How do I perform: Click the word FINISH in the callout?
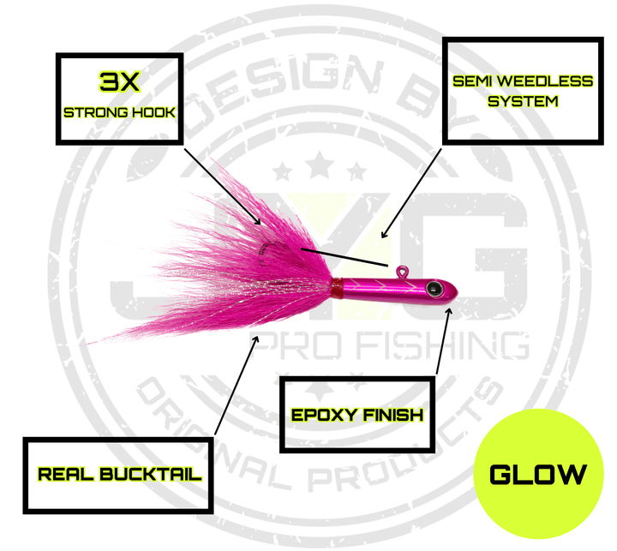(x=392, y=416)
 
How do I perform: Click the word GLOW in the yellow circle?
(x=539, y=474)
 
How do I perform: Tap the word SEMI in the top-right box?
(x=470, y=81)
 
